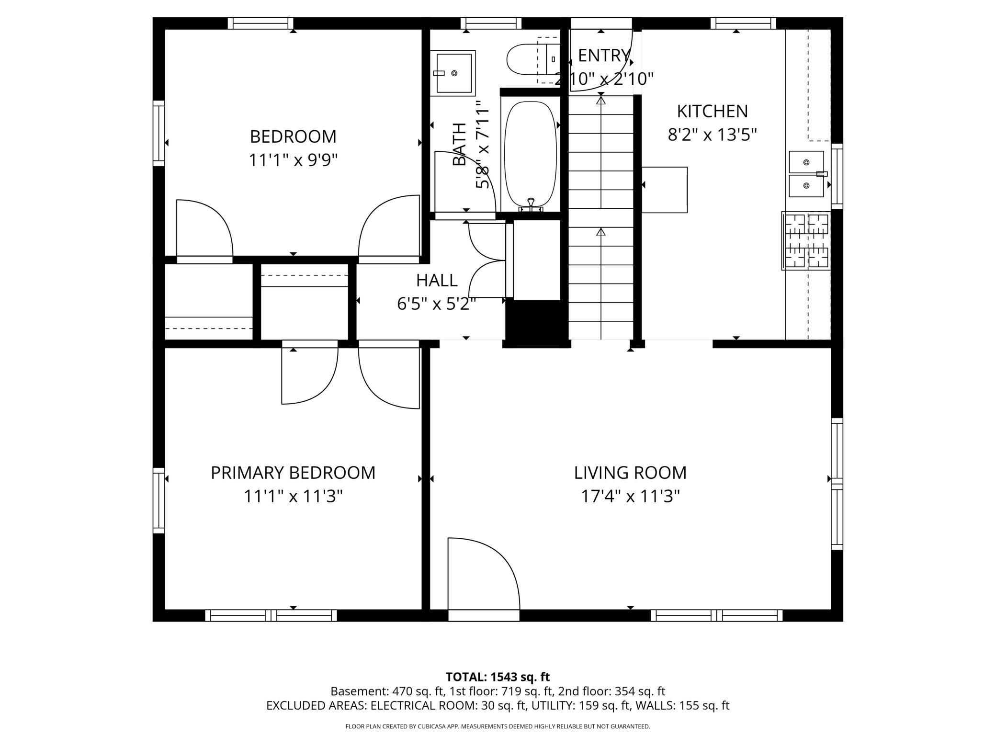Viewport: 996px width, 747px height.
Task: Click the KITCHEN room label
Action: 712,111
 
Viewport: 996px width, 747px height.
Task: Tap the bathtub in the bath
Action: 531,153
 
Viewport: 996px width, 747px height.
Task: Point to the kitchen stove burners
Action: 805,241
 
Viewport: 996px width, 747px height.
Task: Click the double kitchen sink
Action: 806,174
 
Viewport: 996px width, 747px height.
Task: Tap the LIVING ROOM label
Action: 630,473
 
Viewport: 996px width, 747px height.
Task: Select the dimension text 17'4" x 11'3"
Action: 630,497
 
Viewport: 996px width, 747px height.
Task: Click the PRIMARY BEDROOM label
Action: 293,473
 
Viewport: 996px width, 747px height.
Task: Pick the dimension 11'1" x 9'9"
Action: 293,160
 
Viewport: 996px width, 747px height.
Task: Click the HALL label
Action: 436,280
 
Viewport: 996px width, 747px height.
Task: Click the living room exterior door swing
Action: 484,575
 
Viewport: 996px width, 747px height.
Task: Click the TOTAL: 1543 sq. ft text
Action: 498,677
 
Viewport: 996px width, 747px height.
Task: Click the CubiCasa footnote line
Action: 498,726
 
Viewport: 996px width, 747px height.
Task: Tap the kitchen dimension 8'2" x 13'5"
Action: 712,135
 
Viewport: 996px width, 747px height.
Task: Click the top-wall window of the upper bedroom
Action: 260,23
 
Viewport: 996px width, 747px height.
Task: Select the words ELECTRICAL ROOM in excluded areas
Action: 423,705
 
